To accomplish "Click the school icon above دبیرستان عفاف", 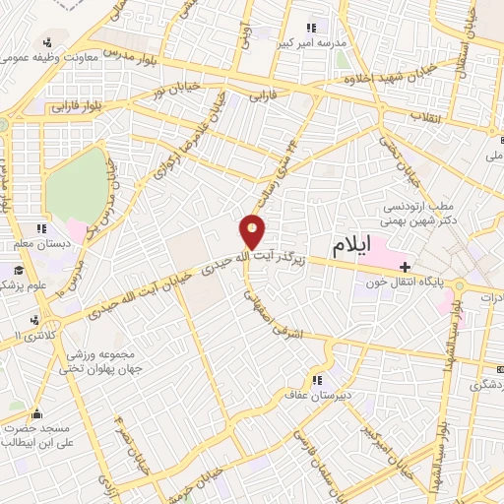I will (317, 379).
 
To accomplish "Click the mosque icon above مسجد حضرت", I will (36, 413).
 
